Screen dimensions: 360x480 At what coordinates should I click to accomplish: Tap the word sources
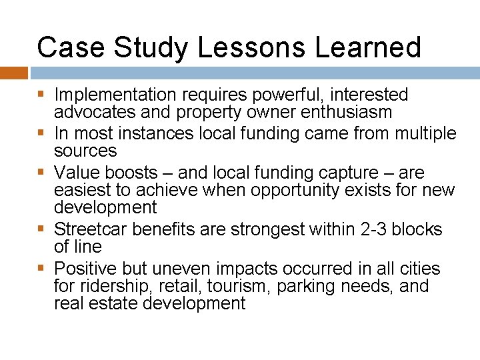85,151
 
